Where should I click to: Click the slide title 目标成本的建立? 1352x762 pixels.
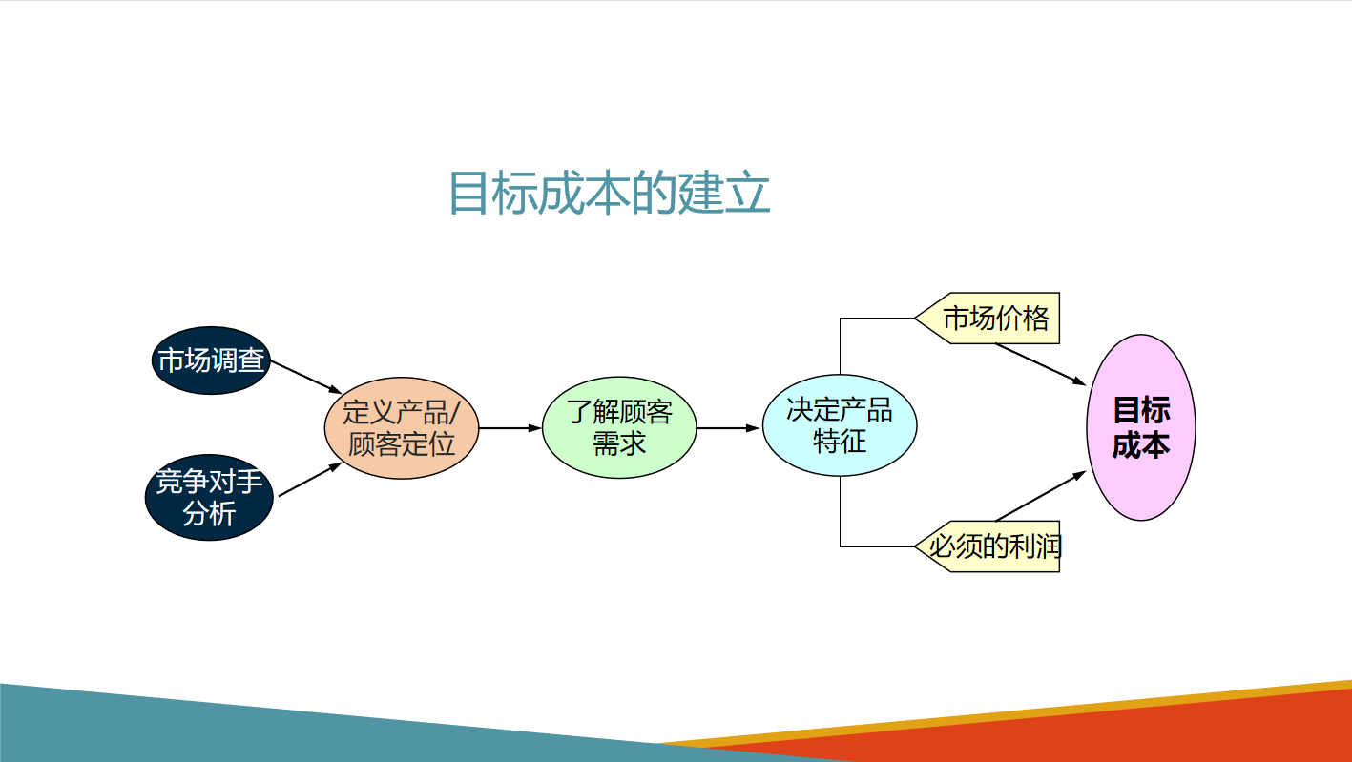click(609, 194)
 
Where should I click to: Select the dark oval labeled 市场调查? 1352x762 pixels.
click(211, 360)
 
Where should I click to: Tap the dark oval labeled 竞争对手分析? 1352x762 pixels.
click(209, 498)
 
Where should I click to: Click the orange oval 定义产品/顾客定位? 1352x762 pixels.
click(401, 428)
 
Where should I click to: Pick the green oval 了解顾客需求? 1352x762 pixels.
click(619, 428)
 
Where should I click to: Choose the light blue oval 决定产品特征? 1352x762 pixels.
click(840, 426)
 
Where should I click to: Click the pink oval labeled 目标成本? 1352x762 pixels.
click(1140, 427)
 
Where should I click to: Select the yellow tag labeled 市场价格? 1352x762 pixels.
click(992, 318)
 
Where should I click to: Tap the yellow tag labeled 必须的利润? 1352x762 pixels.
click(992, 546)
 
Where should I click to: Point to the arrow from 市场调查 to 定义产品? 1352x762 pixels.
click(306, 377)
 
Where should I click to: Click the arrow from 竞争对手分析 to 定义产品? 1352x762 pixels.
click(309, 480)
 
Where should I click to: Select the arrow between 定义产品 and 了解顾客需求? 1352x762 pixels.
click(510, 428)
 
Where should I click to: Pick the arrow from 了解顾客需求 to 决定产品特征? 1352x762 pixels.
click(729, 428)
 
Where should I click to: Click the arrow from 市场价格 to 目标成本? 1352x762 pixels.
click(1040, 363)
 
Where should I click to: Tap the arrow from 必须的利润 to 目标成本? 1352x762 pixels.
click(1040, 496)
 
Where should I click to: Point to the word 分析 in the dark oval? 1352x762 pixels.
click(209, 514)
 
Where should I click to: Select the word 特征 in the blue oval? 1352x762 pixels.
click(840, 443)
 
